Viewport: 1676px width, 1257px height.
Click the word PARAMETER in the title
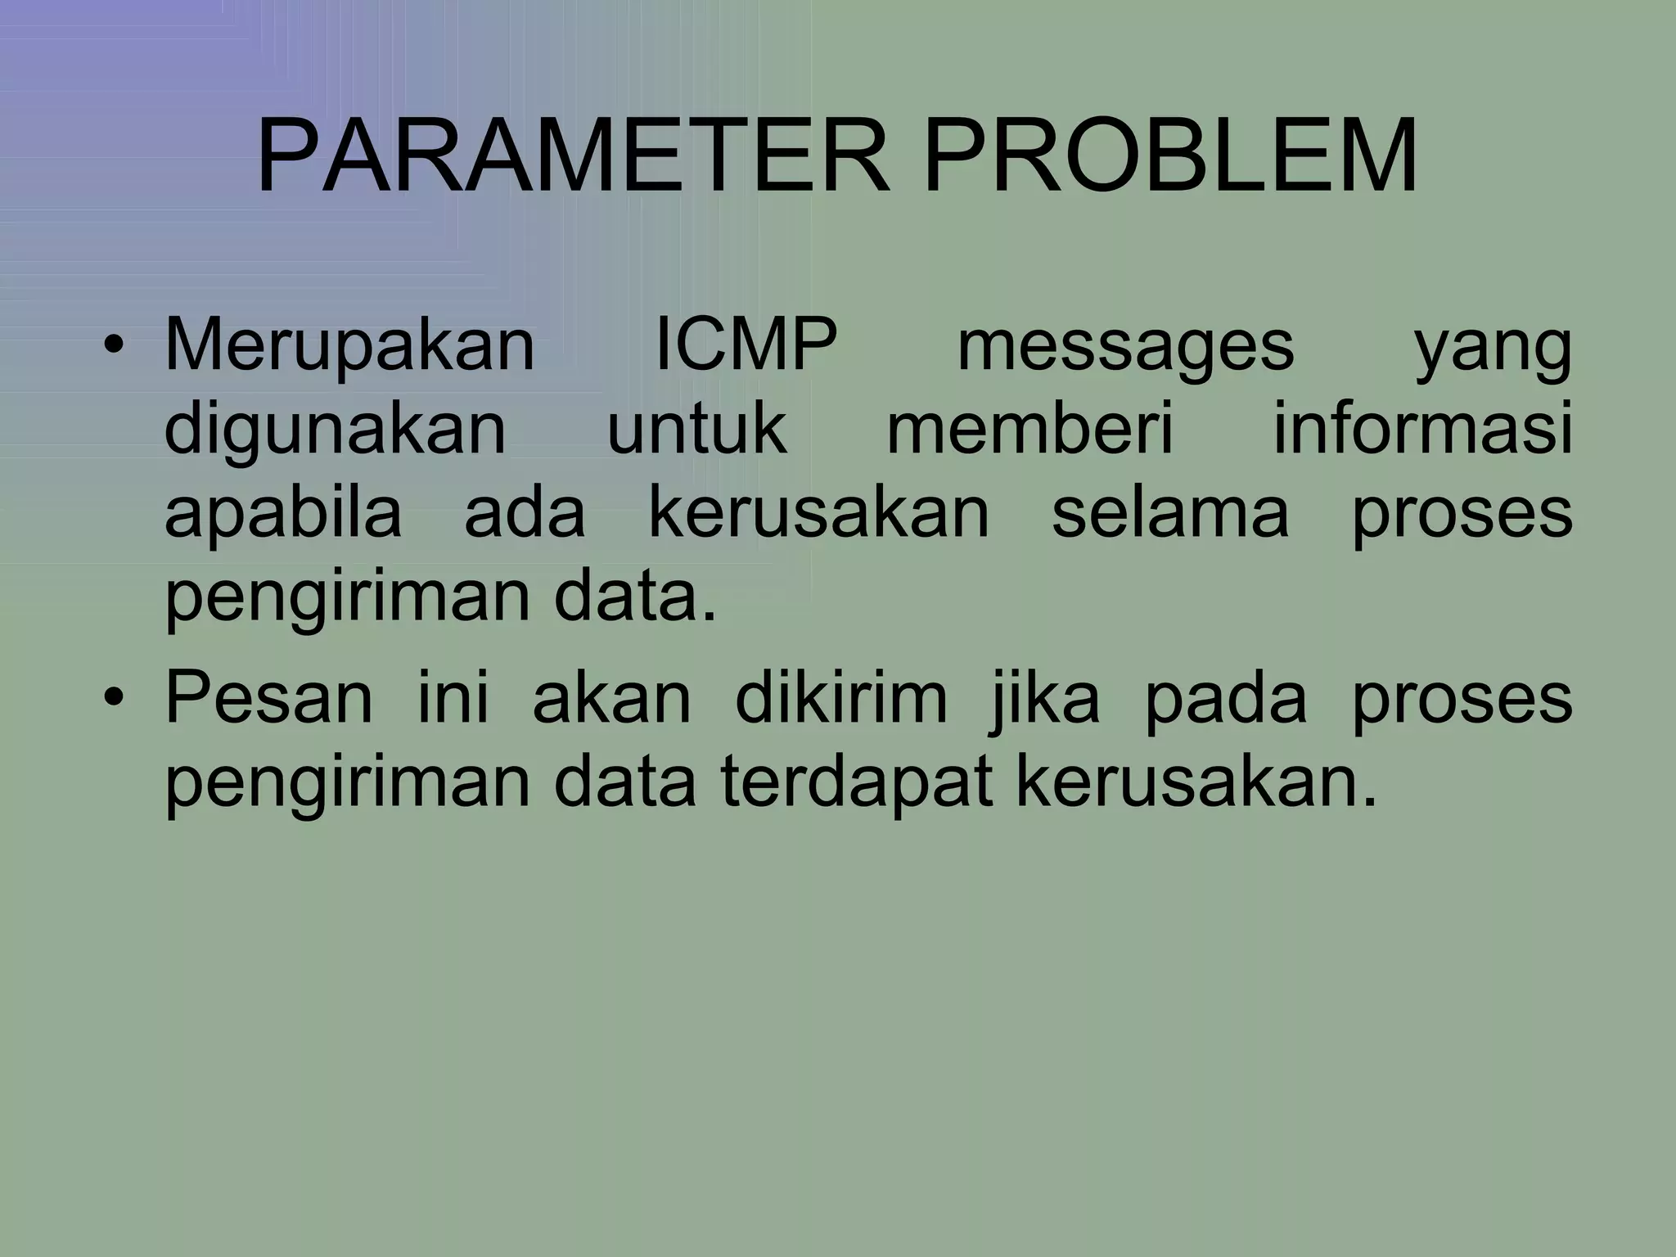click(573, 155)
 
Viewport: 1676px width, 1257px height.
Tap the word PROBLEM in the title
click(1170, 155)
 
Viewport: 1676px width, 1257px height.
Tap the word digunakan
click(336, 430)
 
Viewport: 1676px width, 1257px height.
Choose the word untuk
click(696, 429)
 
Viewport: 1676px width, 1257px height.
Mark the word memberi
click(1031, 429)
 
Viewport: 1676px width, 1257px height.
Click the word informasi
click(1422, 429)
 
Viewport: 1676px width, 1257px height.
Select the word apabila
click(283, 514)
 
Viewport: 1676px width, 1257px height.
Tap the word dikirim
click(841, 699)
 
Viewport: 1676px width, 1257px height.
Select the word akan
click(612, 701)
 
